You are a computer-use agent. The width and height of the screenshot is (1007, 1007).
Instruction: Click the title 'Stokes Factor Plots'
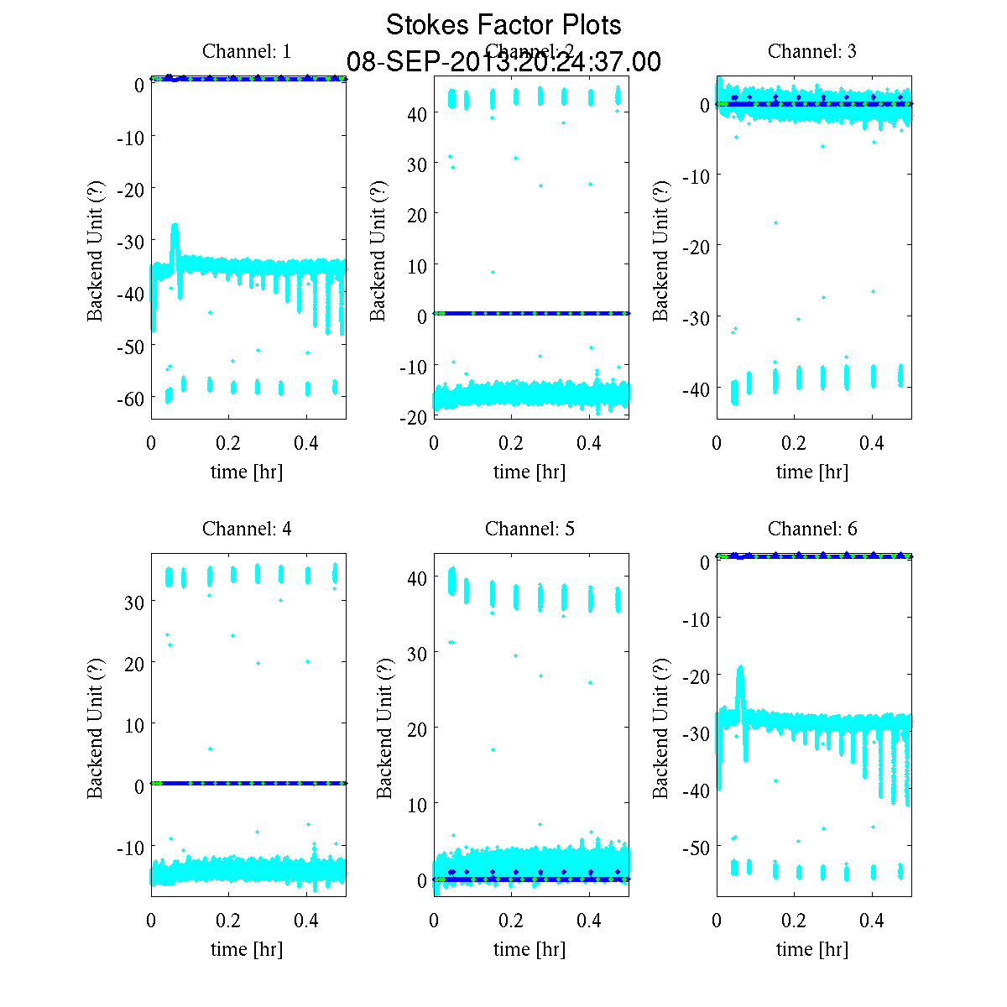[x=503, y=25]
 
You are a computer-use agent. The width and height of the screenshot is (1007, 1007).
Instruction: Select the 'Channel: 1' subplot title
[x=247, y=51]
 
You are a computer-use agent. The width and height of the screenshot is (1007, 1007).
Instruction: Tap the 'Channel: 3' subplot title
[x=812, y=51]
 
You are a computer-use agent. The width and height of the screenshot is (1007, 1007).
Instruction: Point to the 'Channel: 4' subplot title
[x=247, y=529]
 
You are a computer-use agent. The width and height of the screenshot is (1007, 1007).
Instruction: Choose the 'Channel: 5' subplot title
[x=530, y=529]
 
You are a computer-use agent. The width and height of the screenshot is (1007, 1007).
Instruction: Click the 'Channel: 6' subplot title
[x=812, y=529]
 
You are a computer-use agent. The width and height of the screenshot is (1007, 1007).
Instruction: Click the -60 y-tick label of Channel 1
[x=130, y=398]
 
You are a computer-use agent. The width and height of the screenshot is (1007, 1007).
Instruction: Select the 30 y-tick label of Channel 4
[x=134, y=602]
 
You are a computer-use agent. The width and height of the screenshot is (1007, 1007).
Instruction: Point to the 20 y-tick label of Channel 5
[x=417, y=728]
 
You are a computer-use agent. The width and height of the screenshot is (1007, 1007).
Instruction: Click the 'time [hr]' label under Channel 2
[x=530, y=472]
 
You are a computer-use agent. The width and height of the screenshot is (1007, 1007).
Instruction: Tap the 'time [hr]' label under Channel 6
[x=812, y=949]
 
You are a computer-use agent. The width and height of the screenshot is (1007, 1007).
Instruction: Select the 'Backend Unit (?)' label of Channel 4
[x=95, y=726]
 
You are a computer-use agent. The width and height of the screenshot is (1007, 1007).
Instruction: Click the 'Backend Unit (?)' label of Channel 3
[x=660, y=249]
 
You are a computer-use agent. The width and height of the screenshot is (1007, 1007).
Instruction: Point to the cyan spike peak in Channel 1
[x=175, y=225]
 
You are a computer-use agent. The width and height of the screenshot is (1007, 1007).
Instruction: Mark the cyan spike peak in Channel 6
[x=740, y=667]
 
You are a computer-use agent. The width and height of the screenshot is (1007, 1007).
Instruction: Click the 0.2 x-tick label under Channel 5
[x=510, y=921]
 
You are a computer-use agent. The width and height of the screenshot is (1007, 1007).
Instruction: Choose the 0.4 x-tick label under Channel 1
[x=306, y=443]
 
